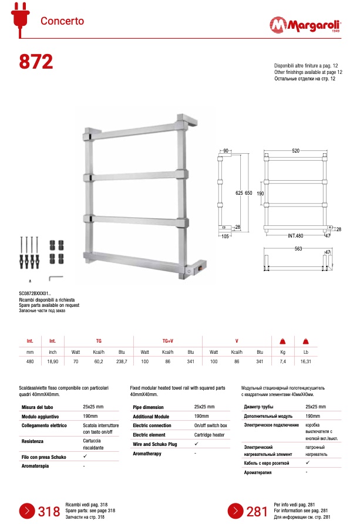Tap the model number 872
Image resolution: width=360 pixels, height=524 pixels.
click(35, 61)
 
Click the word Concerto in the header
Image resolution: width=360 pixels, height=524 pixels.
click(62, 21)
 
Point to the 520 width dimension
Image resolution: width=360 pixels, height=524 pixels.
click(295, 151)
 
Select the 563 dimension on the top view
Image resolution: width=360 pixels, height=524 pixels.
click(295, 248)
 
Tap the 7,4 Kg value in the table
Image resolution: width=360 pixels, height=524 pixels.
click(282, 362)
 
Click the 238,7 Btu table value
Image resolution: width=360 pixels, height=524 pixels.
click(122, 362)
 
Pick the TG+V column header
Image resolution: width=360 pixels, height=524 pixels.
click(167, 340)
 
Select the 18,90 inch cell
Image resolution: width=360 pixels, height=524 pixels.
click(52, 362)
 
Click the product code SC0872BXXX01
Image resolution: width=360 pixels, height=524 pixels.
click(35, 292)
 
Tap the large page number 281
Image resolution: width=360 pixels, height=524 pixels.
click(257, 511)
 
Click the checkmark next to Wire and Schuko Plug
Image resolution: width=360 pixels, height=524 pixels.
click(196, 444)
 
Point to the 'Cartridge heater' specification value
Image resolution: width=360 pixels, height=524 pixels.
click(209, 435)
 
